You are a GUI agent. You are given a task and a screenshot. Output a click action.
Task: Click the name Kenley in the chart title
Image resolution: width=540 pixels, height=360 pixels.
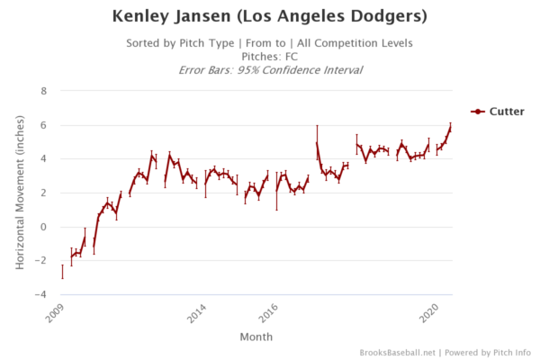tap(148, 17)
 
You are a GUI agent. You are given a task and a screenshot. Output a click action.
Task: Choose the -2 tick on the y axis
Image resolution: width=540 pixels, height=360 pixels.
tap(40, 261)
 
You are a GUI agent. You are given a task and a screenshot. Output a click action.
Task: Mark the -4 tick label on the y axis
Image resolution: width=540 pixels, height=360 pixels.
tap(40, 294)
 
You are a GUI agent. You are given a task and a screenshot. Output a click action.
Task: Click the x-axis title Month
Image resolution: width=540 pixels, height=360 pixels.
tap(252, 337)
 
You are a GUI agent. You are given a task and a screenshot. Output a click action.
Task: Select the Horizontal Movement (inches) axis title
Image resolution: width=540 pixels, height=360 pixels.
tap(20, 193)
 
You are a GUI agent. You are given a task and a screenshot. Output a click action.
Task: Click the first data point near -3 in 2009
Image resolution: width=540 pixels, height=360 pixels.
tap(62, 271)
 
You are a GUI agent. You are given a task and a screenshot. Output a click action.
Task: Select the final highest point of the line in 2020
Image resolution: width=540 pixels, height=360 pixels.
tap(450, 127)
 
